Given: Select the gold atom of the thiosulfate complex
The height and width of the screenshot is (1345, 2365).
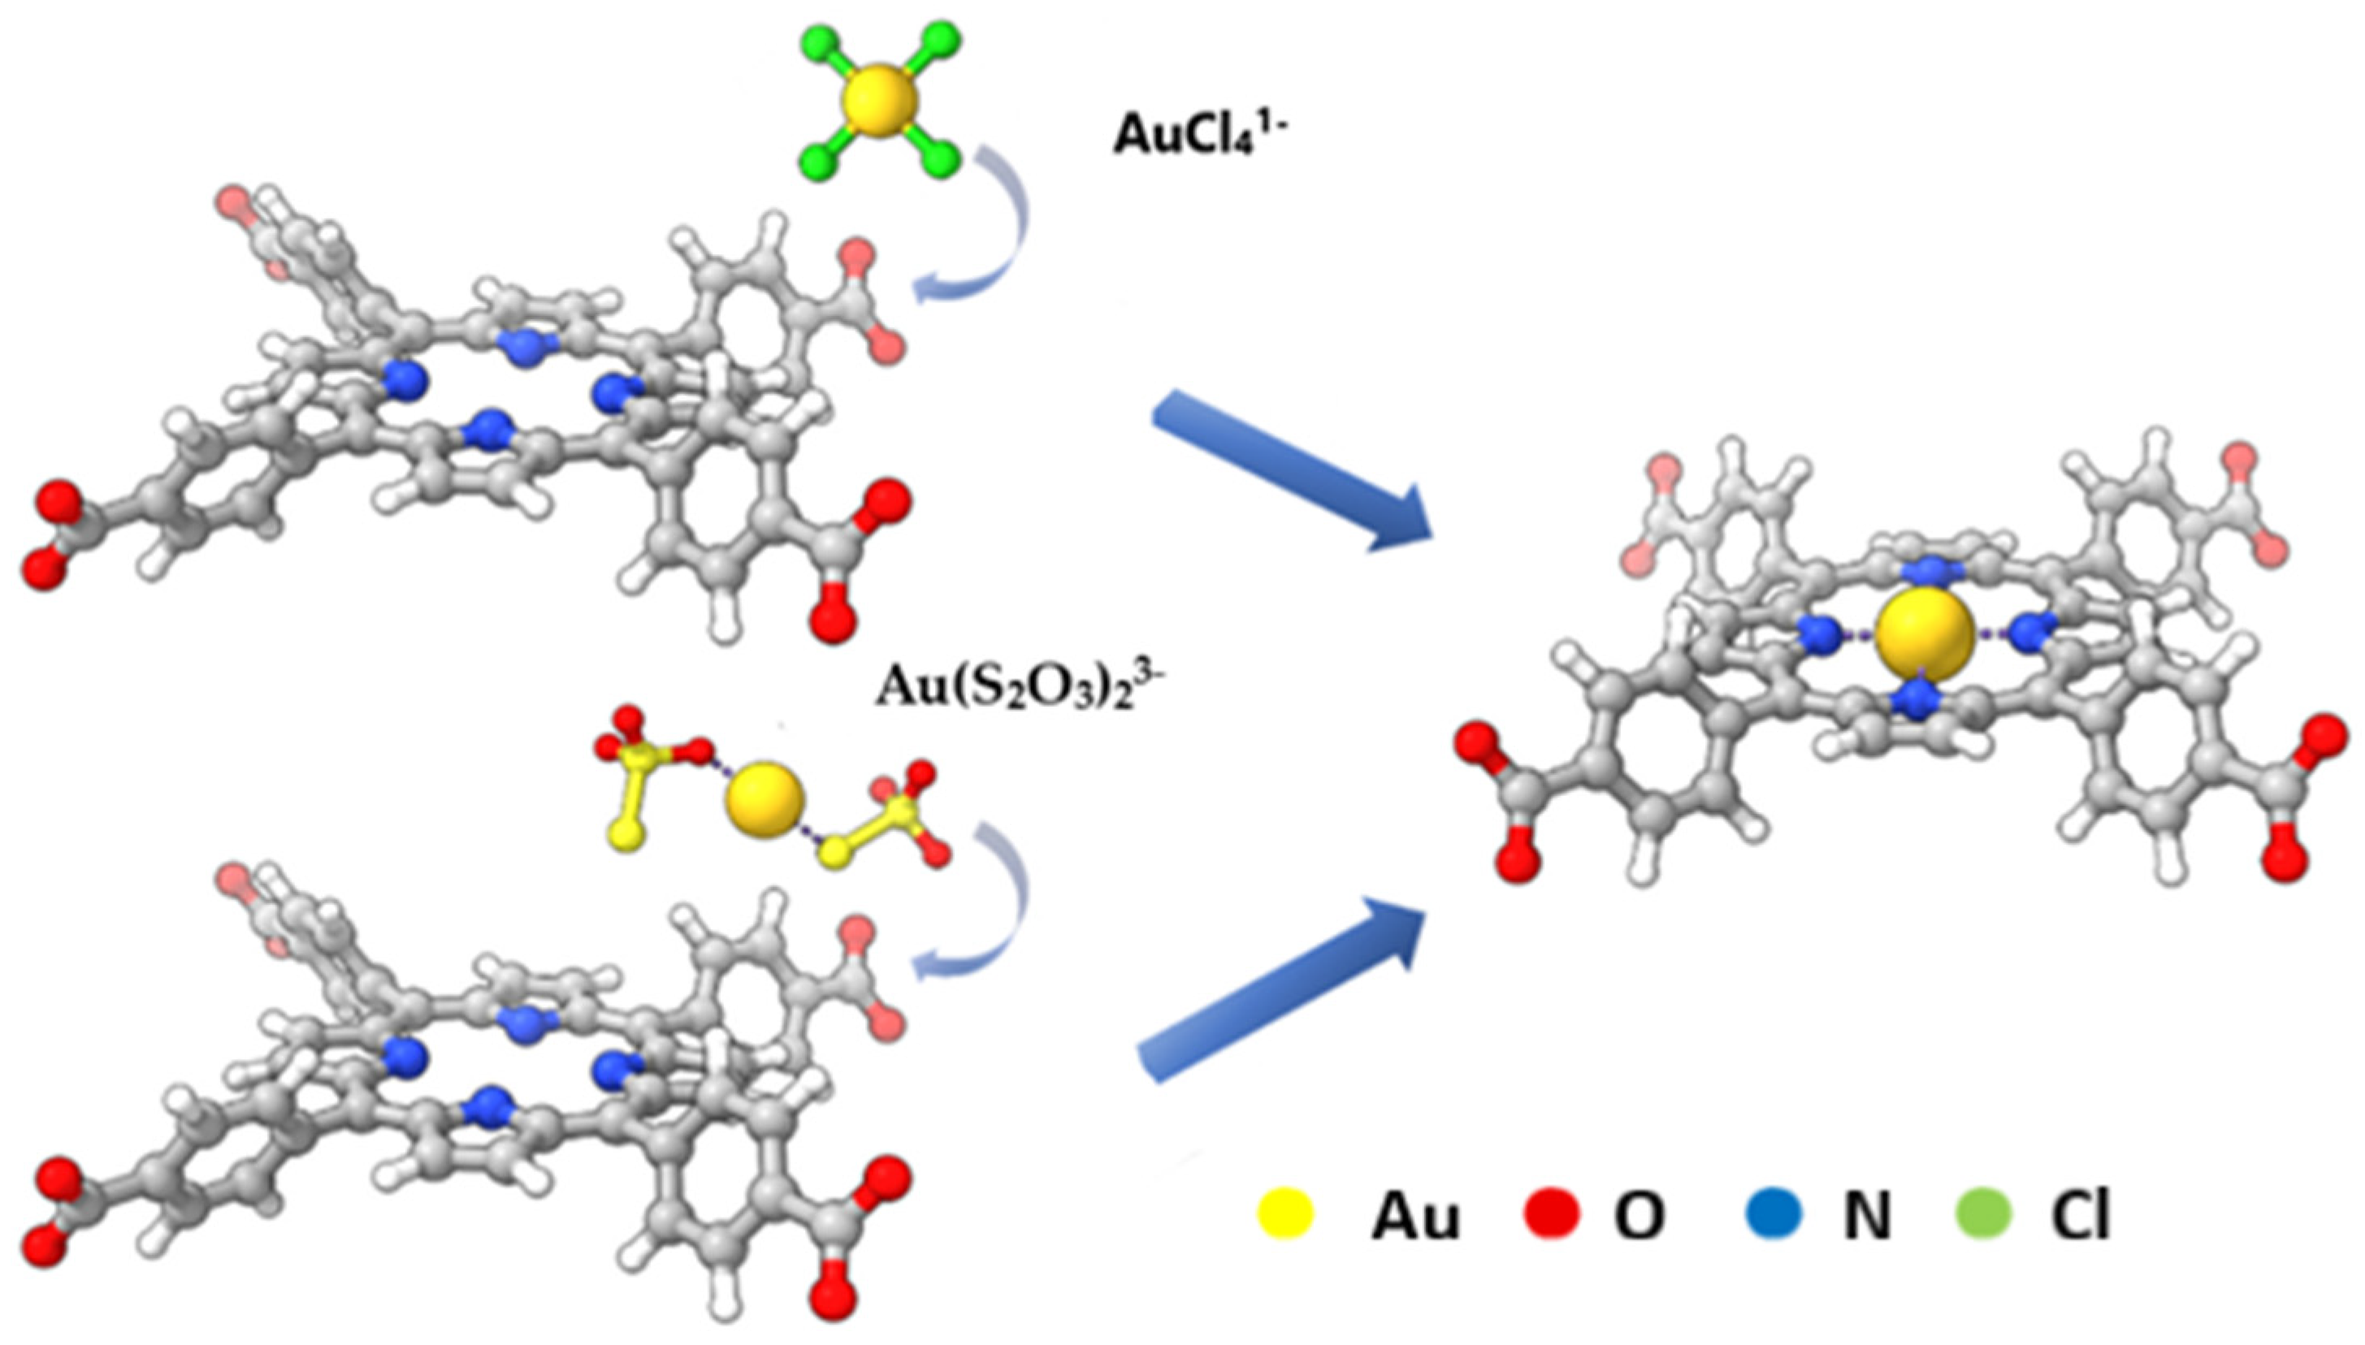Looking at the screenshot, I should (763, 799).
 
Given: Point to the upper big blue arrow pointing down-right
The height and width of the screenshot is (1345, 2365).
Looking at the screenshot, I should (1293, 471).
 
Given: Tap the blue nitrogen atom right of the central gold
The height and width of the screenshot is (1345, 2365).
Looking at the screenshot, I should (2030, 632).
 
